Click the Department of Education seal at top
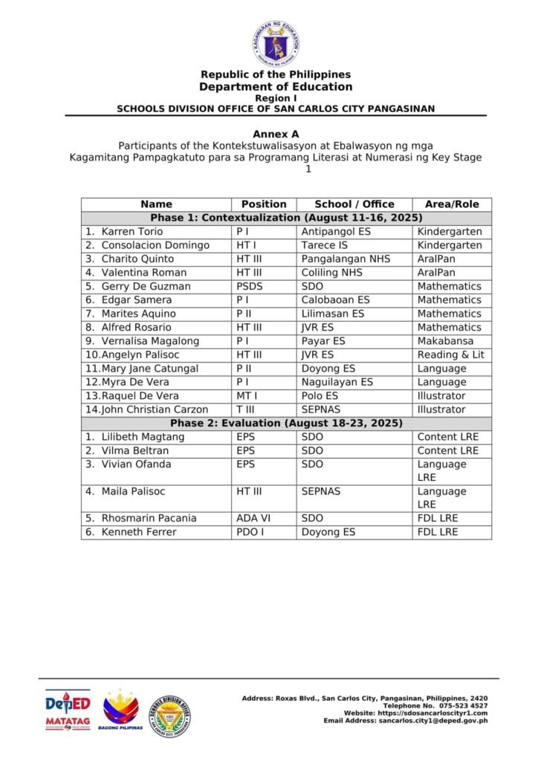tap(276, 44)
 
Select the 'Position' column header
tap(264, 204)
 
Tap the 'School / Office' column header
tap(354, 204)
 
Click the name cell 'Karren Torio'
tap(132, 232)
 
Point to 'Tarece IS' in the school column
tap(324, 245)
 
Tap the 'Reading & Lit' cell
tap(450, 354)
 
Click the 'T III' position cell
tap(245, 409)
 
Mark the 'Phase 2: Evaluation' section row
tap(286, 423)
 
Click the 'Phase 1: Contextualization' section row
tap(286, 218)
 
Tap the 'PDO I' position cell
tap(248, 532)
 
